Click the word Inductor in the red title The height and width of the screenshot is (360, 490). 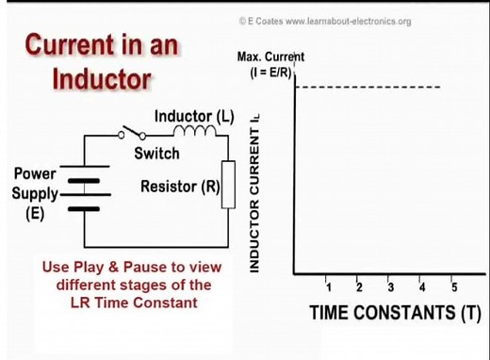102,77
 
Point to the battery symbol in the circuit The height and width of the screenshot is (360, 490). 85,194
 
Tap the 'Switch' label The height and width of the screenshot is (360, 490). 155,153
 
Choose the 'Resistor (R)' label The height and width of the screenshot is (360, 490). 180,187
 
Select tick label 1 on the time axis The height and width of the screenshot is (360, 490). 327,286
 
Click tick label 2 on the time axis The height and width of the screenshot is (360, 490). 359,286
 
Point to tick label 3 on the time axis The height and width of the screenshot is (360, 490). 390,286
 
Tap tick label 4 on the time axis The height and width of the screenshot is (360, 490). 421,286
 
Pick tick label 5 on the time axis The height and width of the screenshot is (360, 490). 453,286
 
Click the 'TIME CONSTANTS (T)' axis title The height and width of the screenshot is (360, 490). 396,313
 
